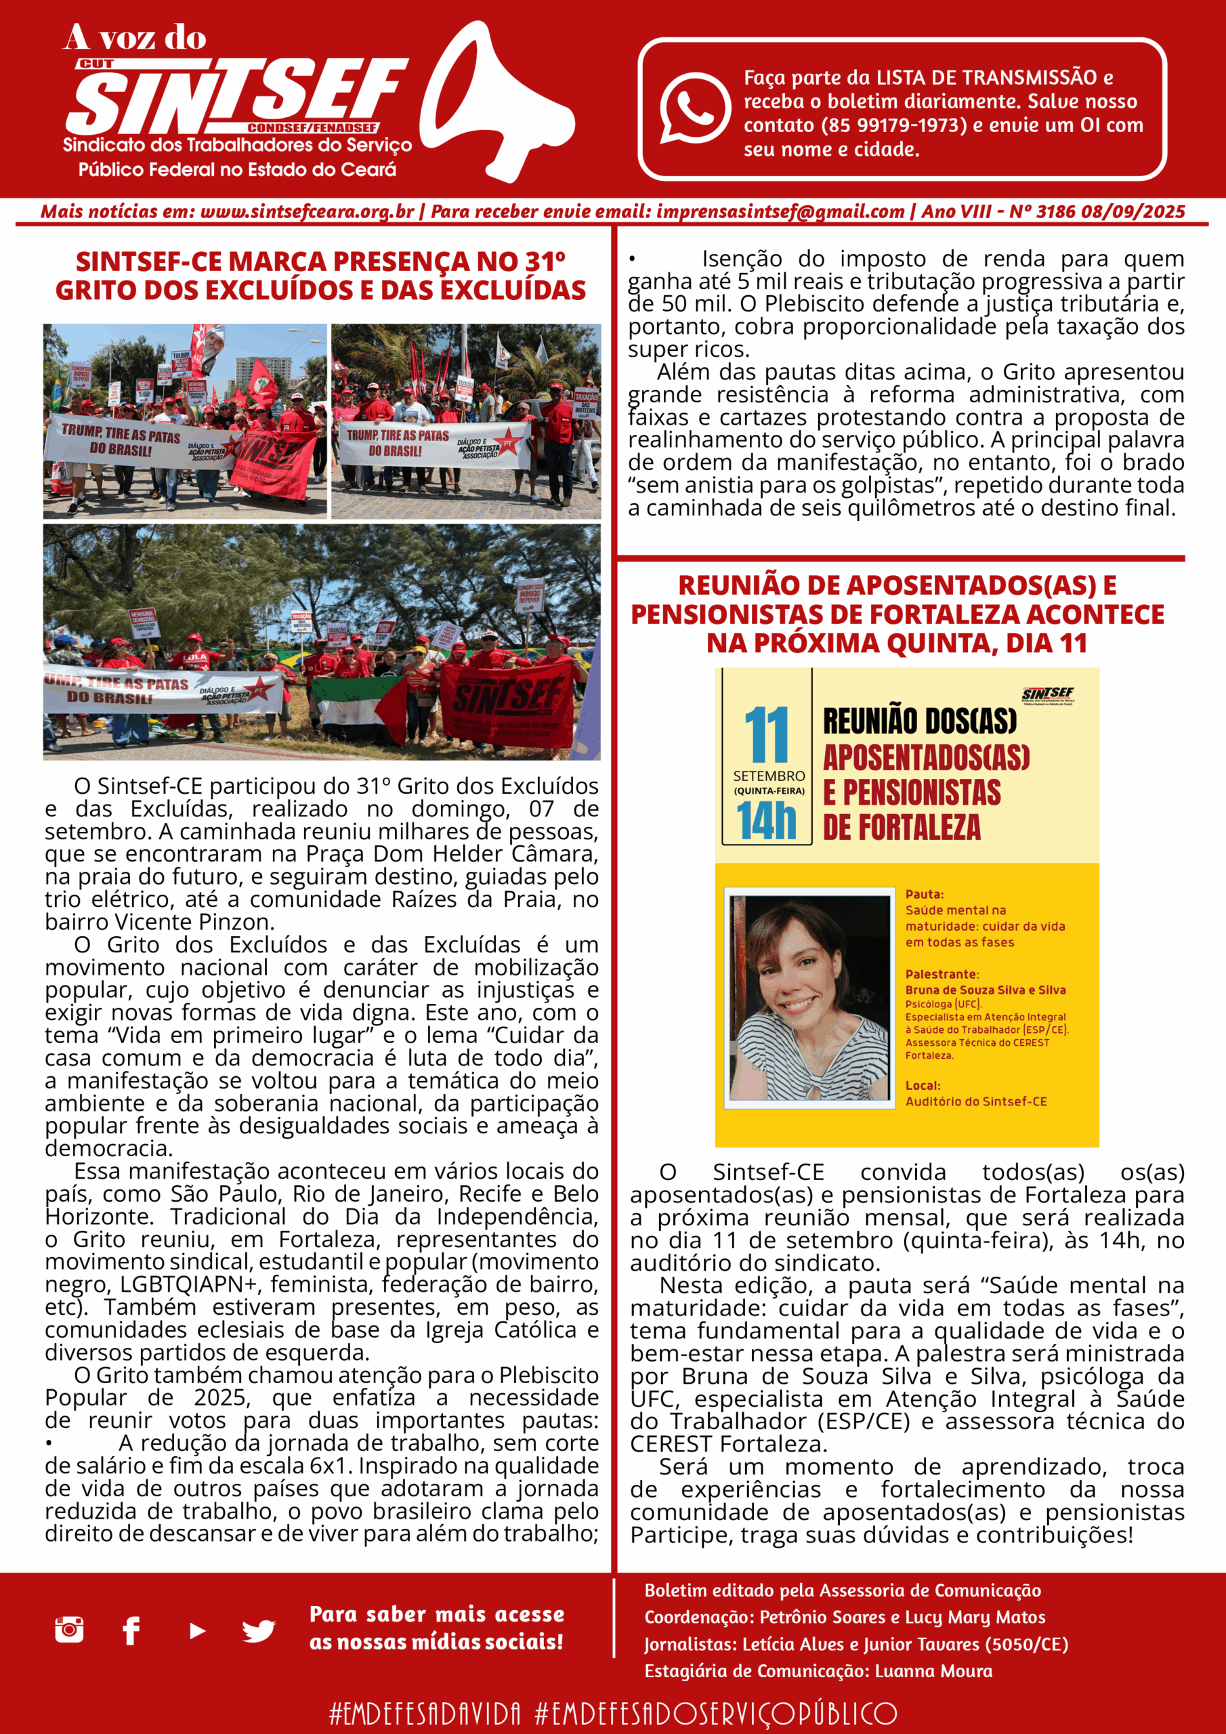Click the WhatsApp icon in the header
click(694, 107)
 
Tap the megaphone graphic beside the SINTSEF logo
click(494, 102)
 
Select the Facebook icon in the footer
click(131, 1630)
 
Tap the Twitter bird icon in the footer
click(258, 1630)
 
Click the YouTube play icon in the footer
click(197, 1630)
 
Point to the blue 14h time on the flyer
click(766, 821)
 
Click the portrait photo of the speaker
click(809, 997)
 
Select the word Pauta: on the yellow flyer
click(925, 894)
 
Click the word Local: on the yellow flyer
click(923, 1085)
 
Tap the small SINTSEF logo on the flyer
click(1048, 694)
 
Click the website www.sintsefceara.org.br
click(307, 211)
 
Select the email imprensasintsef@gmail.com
click(780, 211)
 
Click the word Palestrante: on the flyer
click(942, 974)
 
